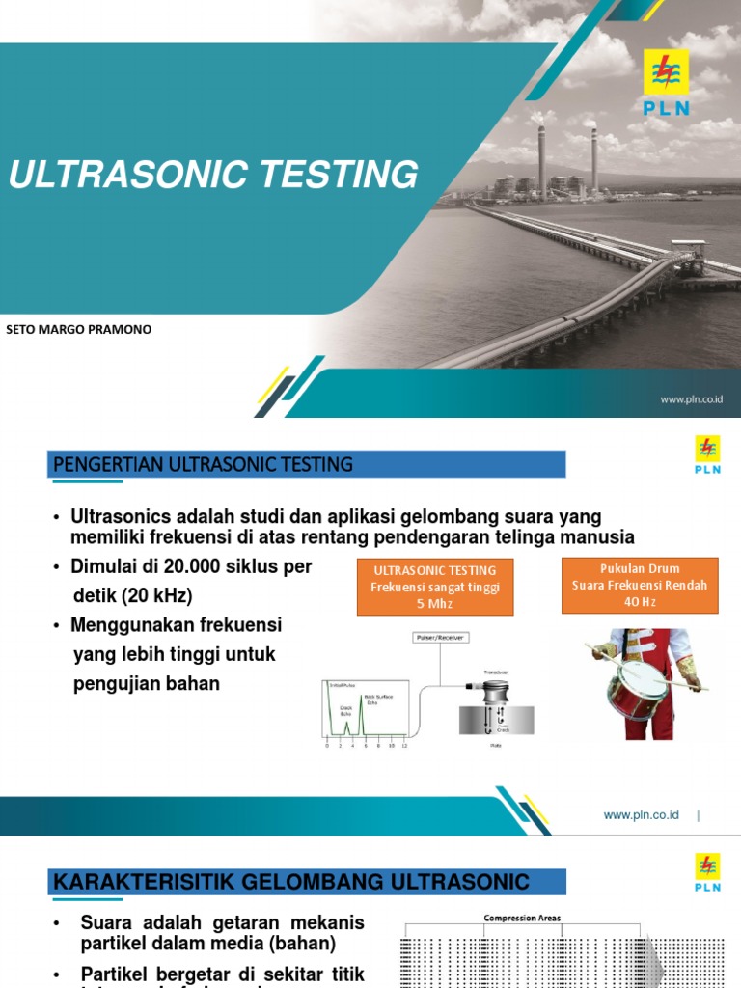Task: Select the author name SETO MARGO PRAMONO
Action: coord(78,330)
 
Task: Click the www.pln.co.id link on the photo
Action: coord(692,398)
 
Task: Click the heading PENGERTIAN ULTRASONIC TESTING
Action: coord(204,465)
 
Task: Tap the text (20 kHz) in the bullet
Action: coord(158,595)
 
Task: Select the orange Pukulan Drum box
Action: coord(639,585)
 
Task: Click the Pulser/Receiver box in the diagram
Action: coord(439,638)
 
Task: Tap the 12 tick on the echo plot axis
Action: coord(404,747)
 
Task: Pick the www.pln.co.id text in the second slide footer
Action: coord(641,815)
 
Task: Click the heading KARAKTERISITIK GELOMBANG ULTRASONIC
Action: coord(291,881)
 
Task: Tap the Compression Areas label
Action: coord(521,918)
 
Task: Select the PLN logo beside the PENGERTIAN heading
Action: coord(706,455)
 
